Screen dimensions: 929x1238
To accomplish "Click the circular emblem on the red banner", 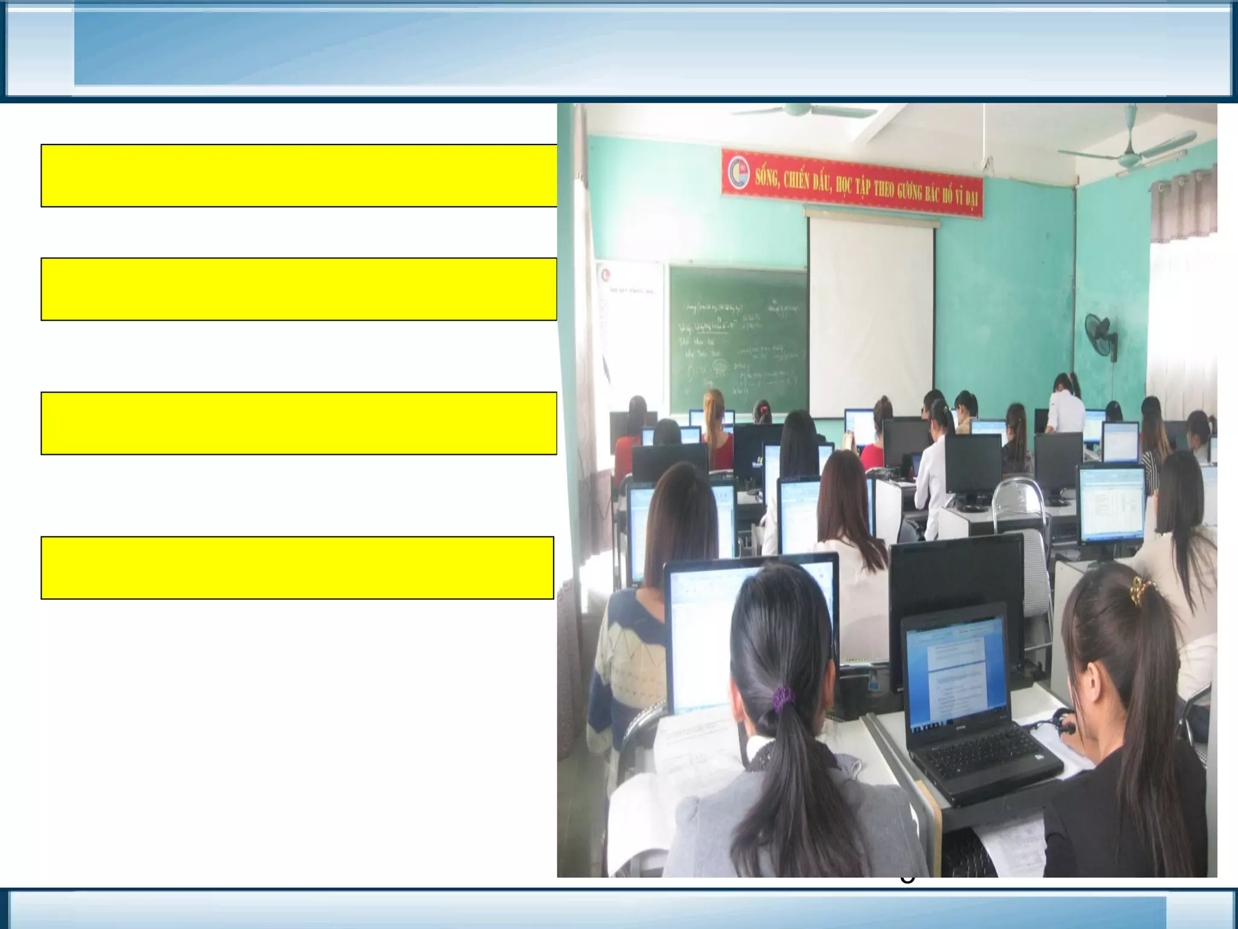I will tap(739, 172).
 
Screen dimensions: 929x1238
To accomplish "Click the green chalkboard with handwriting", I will tap(737, 339).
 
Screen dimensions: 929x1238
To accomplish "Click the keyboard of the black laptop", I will tap(988, 755).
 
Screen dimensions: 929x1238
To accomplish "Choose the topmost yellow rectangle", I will tap(299, 175).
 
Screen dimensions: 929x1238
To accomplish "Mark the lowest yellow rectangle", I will tap(297, 567).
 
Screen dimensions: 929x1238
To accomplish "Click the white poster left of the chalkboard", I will tap(629, 327).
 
